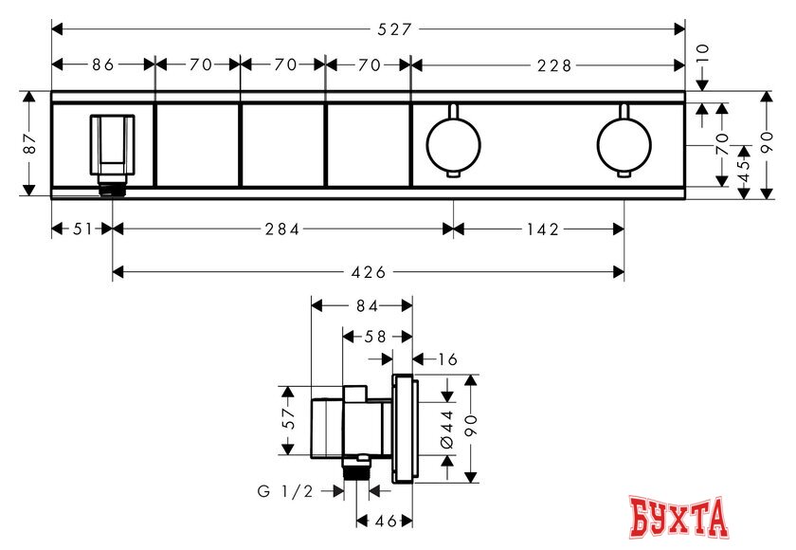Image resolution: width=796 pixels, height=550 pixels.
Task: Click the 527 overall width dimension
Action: (x=393, y=29)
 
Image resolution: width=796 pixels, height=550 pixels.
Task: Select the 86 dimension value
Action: (x=103, y=64)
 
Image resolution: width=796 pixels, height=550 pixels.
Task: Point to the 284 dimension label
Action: (x=282, y=229)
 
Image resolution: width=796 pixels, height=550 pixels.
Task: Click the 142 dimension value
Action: (x=543, y=229)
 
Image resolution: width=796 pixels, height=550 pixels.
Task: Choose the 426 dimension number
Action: (x=369, y=272)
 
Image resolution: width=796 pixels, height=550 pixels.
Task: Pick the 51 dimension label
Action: (x=82, y=229)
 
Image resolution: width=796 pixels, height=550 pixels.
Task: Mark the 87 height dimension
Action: (x=30, y=143)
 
